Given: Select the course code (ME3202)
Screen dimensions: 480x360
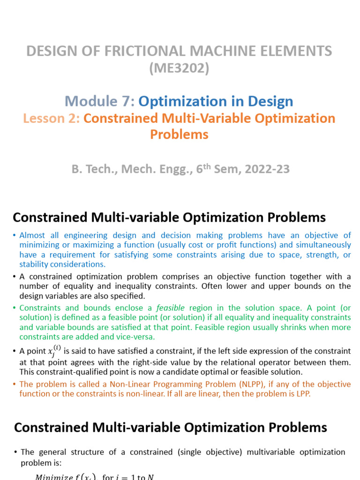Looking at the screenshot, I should [x=179, y=68].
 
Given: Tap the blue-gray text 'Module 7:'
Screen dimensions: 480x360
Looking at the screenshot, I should [x=99, y=101].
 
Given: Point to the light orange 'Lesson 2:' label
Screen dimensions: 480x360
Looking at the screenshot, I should [x=52, y=118].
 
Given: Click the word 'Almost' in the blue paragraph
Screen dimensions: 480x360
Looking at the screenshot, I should [x=32, y=235].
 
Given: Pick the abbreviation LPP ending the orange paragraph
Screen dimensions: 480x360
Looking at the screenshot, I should [x=302, y=394].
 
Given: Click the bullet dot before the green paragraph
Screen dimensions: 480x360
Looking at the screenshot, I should [x=15, y=308].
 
